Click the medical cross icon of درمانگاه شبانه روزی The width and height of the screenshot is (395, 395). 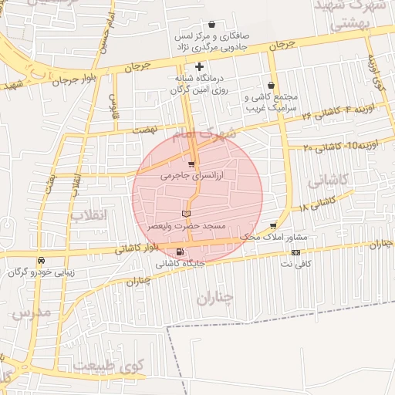click(200, 67)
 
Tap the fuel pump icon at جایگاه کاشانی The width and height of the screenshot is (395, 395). click(181, 252)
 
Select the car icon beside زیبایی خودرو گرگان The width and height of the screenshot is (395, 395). click(41, 261)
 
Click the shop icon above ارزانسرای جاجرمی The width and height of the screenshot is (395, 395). click(191, 164)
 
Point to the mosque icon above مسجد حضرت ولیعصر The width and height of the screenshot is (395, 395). click(184, 213)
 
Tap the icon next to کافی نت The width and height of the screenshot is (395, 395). click(295, 252)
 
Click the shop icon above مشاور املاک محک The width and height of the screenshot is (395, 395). click(273, 225)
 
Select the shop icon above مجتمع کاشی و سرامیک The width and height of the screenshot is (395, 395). click(270, 86)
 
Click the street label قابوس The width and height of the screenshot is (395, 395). click(113, 107)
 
